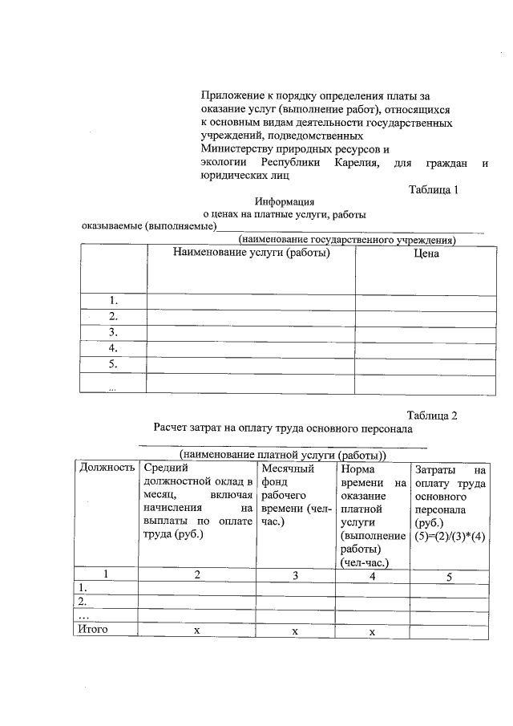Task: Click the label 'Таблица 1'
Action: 433,190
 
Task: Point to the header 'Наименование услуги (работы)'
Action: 251,252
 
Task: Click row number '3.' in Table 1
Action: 113,331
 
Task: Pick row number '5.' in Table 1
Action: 113,364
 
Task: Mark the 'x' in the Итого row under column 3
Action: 294,631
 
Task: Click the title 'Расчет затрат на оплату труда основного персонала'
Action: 283,428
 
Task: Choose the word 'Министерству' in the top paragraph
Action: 234,149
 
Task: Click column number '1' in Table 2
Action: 105,574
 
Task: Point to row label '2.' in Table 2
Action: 81,600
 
